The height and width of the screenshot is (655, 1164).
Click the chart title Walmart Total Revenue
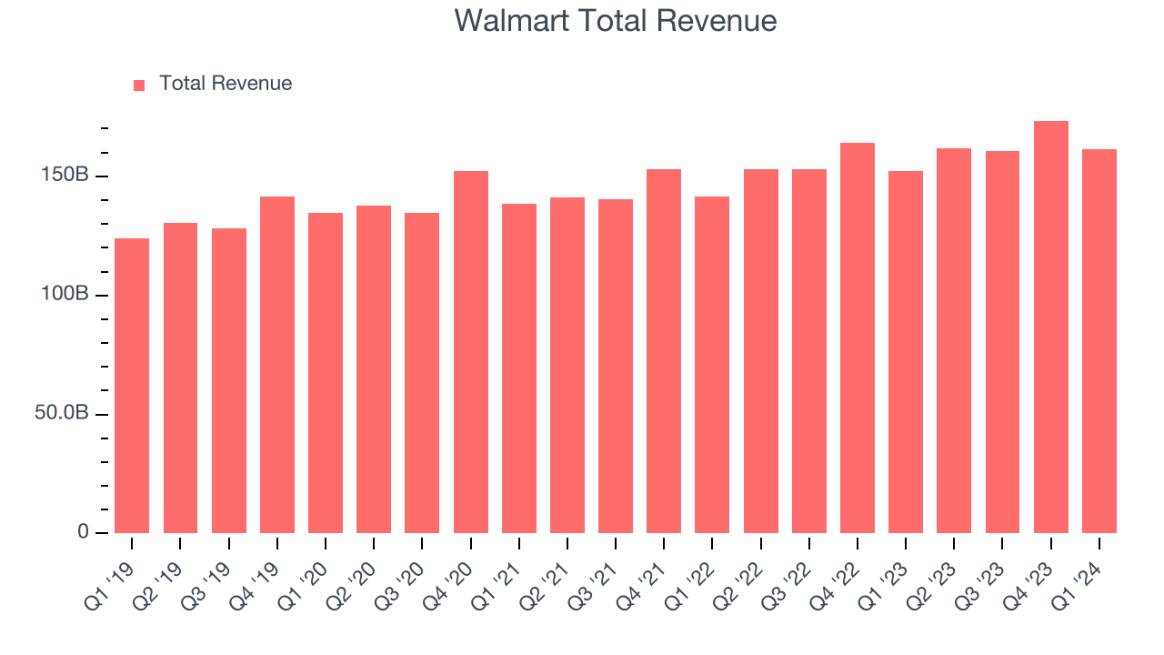(616, 21)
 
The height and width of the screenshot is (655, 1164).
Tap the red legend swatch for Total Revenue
(139, 85)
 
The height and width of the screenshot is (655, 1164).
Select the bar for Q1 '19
(132, 386)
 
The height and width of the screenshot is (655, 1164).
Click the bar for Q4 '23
(1050, 327)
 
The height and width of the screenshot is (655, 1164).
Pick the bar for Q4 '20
(470, 352)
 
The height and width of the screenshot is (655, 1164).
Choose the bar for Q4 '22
(857, 338)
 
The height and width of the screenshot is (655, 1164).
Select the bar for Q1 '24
(1099, 341)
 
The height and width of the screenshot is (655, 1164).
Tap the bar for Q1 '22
(712, 365)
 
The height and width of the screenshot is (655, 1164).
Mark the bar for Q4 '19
(276, 365)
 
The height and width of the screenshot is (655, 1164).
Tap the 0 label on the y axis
(83, 531)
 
